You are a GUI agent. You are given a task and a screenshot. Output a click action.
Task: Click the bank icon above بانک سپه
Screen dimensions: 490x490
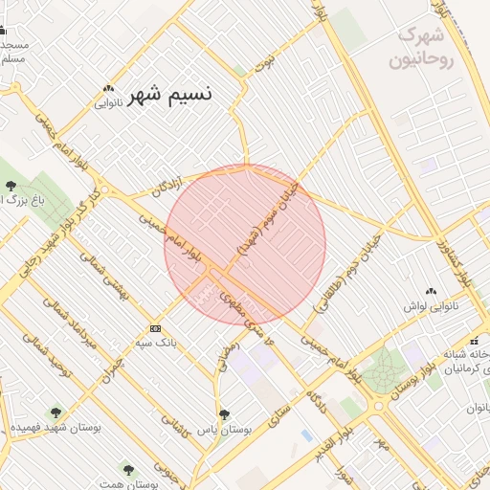[x=156, y=328]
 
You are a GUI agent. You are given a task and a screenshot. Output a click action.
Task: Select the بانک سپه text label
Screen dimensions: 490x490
[x=156, y=342]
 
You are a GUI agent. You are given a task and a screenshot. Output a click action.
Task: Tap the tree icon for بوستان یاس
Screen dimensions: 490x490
[x=224, y=415]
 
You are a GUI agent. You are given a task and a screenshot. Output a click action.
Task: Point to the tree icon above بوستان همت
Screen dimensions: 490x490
[x=128, y=469]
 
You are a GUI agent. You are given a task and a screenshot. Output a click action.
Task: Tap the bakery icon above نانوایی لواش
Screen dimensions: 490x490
[x=431, y=291]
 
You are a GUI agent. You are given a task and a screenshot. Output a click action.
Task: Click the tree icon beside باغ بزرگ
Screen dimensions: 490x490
[x=11, y=186]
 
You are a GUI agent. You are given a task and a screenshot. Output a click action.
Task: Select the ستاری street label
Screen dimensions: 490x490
[x=276, y=413]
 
